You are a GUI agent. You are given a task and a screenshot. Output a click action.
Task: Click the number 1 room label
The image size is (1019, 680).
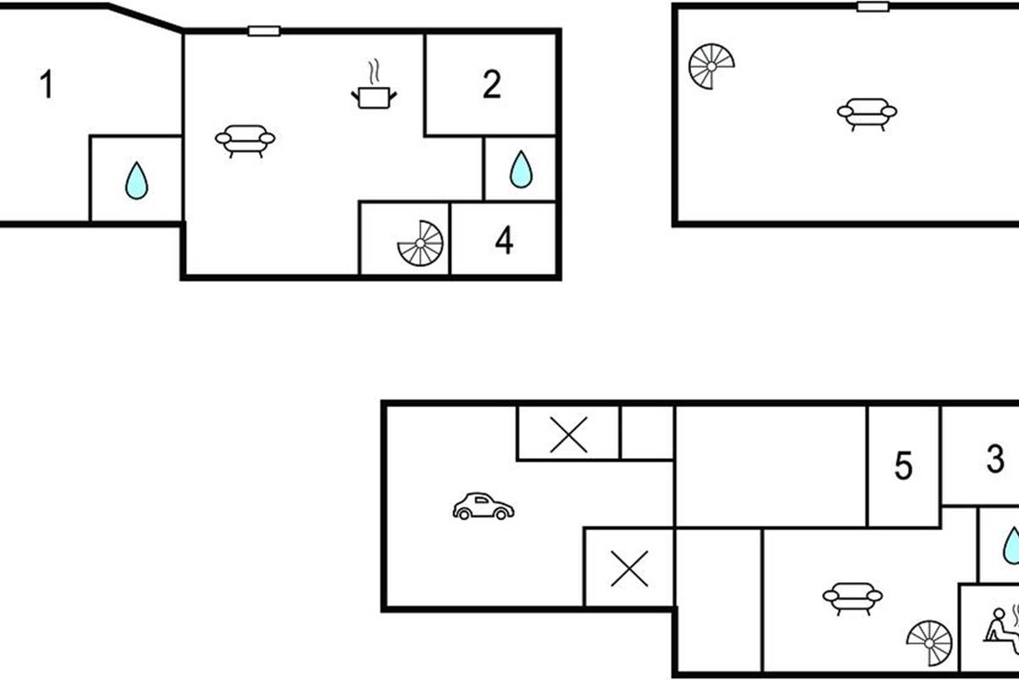(47, 86)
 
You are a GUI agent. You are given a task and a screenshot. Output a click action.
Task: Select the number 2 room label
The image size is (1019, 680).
(492, 86)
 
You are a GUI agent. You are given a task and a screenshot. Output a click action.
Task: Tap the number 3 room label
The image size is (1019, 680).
(995, 460)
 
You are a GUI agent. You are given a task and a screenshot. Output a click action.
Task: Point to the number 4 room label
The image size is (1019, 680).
(504, 241)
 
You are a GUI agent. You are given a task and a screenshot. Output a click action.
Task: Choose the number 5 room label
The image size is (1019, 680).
(904, 467)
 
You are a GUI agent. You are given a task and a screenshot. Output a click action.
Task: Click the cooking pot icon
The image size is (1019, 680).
(374, 96)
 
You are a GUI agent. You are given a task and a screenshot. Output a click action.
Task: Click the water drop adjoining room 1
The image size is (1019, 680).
(136, 181)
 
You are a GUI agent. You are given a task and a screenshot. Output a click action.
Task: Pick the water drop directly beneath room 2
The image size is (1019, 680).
(521, 170)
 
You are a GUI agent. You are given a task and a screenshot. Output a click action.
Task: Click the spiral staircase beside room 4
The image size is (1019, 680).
(420, 242)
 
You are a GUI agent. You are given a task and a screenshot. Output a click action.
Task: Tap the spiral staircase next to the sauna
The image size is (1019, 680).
(930, 643)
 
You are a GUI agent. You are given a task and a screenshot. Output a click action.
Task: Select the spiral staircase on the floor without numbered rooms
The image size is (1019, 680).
(711, 66)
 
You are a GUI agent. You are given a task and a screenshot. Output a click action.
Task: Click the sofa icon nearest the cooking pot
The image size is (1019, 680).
(245, 139)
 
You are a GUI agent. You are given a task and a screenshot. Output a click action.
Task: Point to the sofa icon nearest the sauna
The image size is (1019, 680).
(852, 597)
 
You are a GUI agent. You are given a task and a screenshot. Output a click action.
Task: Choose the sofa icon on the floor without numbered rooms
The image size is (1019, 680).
(867, 112)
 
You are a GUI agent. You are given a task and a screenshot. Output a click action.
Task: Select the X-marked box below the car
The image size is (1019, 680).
(629, 568)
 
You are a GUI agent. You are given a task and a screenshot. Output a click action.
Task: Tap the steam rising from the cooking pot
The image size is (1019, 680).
(373, 70)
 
